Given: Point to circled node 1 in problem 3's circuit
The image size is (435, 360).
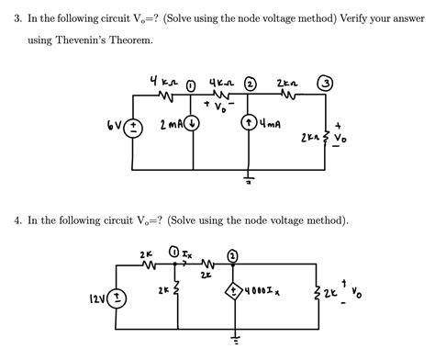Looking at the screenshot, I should (191, 86).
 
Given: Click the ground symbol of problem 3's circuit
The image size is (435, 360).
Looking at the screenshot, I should (249, 180).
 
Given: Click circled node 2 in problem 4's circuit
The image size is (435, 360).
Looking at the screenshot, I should (233, 254).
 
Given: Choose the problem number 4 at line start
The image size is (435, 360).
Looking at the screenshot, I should (17, 220).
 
